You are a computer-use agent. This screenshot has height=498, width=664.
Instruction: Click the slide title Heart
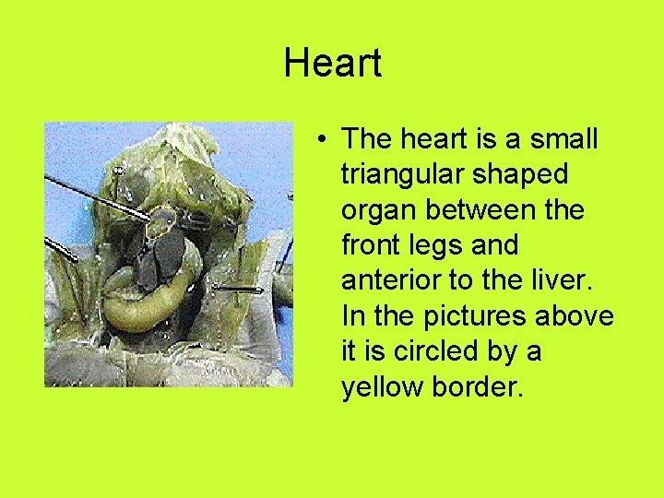pyautogui.click(x=332, y=64)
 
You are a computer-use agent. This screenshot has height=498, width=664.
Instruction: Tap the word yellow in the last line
pyautogui.click(x=383, y=386)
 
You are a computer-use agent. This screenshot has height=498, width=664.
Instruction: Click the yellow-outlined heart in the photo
pyautogui.click(x=163, y=221)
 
